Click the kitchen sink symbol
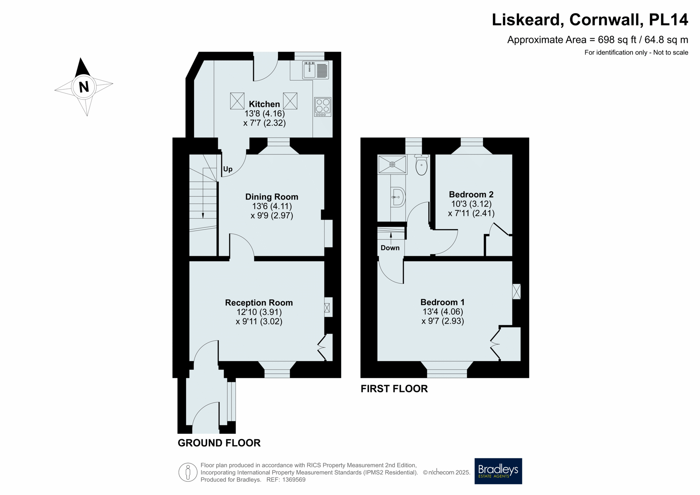coord(315,70)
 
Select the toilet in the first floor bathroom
coord(421,165)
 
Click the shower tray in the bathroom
coord(392,164)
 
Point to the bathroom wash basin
coord(398,197)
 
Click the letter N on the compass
coord(84,87)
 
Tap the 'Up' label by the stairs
coord(228,169)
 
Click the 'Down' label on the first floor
coord(390,248)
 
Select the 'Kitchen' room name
coord(264,104)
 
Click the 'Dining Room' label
coord(272,197)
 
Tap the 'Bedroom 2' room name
coord(471,194)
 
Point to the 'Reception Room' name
coord(259,303)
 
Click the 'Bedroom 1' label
coord(443,302)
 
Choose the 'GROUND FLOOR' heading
coord(219,443)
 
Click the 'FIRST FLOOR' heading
coord(394,389)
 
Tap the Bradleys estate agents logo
coord(498,471)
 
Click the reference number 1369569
coord(294,480)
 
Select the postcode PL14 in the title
coord(669,20)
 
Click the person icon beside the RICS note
coord(188,472)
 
